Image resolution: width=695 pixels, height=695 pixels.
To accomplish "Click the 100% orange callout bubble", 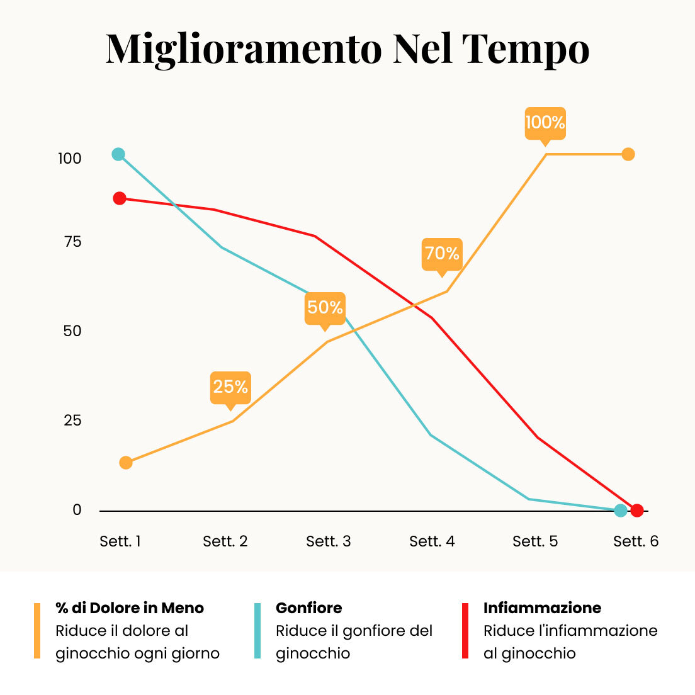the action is (545, 124).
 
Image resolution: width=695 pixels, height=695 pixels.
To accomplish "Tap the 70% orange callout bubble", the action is (442, 255).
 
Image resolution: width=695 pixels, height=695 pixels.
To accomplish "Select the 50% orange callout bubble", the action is (325, 309).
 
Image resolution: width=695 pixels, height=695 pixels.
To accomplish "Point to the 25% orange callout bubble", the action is (230, 388).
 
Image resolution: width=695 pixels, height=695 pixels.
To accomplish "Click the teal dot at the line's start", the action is (118, 154).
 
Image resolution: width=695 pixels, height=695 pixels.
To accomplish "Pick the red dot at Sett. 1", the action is (119, 198).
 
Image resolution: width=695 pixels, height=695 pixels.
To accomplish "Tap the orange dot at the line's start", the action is (126, 463).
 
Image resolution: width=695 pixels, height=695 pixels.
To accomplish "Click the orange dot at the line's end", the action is (628, 154).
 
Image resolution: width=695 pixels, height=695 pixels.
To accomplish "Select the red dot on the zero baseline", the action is (637, 511).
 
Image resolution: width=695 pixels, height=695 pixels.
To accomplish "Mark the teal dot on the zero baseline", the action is (621, 511).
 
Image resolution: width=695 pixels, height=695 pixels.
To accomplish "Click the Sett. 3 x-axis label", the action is (329, 541).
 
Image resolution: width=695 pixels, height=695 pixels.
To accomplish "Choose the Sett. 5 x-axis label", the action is (535, 541).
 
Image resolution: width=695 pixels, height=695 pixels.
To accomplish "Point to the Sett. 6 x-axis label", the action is (636, 541).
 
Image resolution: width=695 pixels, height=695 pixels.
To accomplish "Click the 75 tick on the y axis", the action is (72, 242).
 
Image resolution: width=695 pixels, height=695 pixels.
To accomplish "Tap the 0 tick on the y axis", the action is (77, 510).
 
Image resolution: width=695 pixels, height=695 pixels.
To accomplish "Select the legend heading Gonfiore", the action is (309, 607).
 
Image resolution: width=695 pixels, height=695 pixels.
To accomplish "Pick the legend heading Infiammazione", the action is (543, 607).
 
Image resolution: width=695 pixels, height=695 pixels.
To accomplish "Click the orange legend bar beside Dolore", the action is (37, 630).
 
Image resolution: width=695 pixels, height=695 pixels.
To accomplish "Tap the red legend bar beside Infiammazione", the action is (465, 630).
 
